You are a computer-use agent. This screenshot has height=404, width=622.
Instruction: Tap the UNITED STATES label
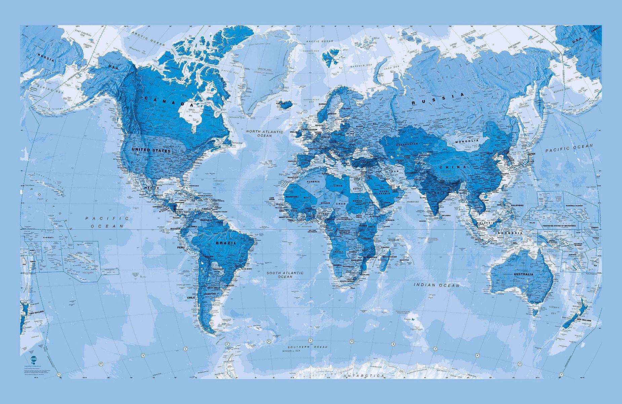point(151,150)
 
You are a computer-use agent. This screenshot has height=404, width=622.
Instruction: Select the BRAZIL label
point(226,243)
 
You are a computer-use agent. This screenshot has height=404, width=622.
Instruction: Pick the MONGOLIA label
point(466,141)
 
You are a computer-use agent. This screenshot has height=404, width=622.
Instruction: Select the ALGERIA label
point(314,182)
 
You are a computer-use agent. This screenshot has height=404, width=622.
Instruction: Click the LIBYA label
point(338,186)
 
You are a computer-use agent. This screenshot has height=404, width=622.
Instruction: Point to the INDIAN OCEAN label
point(436,285)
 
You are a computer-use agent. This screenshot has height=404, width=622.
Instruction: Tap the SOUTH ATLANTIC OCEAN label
point(285,275)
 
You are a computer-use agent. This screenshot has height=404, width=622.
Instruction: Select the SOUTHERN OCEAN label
point(308,346)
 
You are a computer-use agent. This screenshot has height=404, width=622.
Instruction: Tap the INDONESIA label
point(510,233)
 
